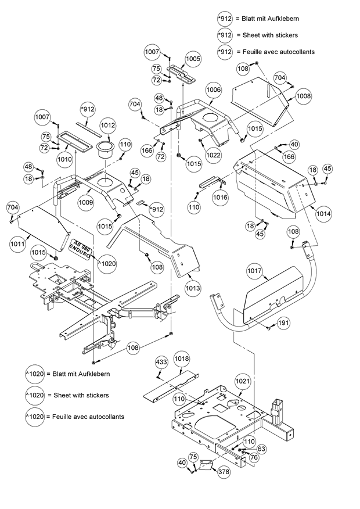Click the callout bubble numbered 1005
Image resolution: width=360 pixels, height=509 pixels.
(x=193, y=59)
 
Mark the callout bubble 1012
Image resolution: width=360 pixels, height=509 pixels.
(x=108, y=124)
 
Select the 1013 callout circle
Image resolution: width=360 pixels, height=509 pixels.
(x=193, y=288)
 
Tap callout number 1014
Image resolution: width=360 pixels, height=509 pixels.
(x=324, y=213)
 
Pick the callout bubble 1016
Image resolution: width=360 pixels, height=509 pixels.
(x=220, y=198)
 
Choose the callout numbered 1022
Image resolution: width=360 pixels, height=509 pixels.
(x=213, y=155)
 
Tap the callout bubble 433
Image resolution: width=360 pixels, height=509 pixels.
(x=161, y=362)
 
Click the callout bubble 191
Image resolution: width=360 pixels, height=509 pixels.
(x=283, y=322)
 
